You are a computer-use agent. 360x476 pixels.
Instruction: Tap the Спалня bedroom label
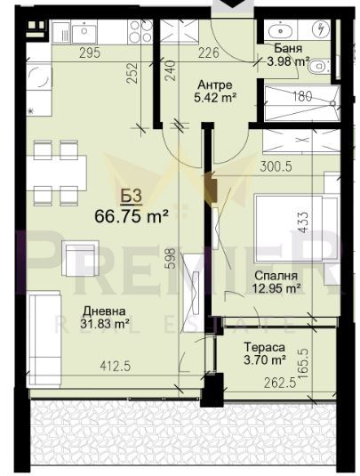point(268,275)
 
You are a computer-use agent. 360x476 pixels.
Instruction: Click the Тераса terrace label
point(265,347)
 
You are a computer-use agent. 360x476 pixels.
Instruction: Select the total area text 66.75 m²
point(132,216)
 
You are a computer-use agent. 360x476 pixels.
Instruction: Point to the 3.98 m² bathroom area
point(288,61)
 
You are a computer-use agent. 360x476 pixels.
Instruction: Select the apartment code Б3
point(130,197)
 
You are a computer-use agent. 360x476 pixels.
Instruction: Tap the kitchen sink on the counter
point(85,32)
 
